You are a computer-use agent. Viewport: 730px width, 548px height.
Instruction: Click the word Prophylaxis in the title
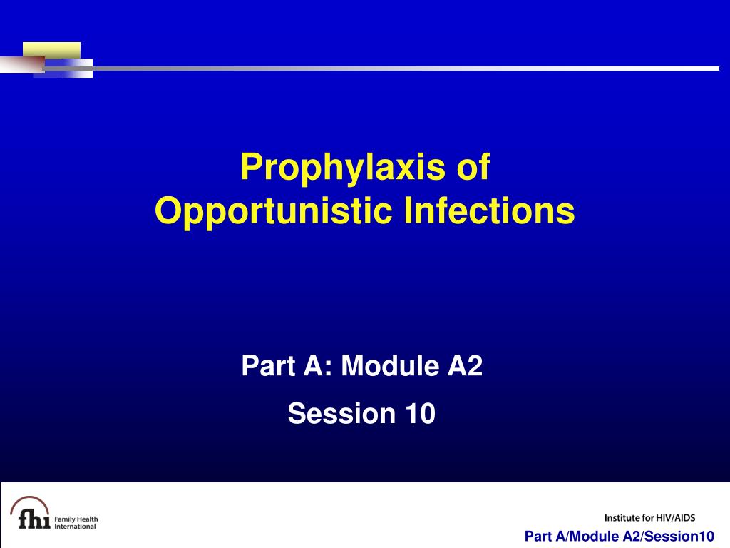(x=343, y=168)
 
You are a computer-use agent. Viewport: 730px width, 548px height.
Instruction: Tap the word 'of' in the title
(x=473, y=166)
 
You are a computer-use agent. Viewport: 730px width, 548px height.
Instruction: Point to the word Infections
(x=489, y=210)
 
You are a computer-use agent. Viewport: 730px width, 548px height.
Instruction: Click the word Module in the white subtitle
(x=390, y=365)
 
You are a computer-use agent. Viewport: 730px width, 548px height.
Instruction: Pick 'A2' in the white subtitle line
(x=465, y=365)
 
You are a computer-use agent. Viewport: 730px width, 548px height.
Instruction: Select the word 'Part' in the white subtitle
(x=269, y=365)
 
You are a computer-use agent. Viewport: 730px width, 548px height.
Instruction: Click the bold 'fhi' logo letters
(x=34, y=518)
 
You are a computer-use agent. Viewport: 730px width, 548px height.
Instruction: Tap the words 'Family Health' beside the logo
(x=76, y=519)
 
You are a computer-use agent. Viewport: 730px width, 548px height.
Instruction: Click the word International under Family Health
(x=75, y=527)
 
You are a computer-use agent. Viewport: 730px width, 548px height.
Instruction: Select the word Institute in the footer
(x=622, y=518)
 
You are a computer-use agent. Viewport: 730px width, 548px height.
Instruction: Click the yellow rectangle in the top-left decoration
(x=51, y=51)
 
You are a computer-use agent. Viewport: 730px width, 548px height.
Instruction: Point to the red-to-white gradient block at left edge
(x=22, y=65)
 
